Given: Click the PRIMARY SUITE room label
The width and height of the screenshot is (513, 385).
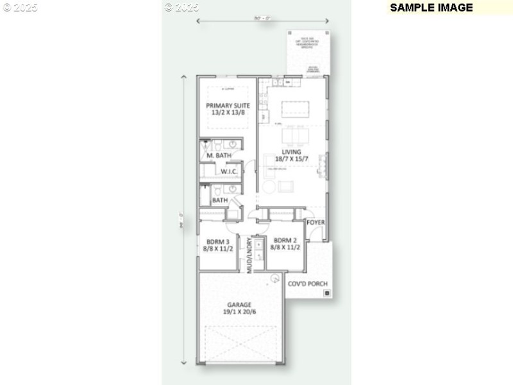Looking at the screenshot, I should tap(228, 108).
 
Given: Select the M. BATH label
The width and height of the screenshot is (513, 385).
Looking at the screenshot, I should tap(219, 155).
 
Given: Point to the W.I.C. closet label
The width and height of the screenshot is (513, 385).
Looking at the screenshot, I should tap(230, 172).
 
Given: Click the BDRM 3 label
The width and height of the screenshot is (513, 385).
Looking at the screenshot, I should tap(218, 244).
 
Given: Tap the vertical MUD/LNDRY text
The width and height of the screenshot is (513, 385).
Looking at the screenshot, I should tap(249, 256).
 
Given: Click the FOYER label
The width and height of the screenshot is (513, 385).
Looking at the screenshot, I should tap(315, 222).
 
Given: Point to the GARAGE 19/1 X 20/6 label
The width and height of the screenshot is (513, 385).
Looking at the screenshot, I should tap(239, 308).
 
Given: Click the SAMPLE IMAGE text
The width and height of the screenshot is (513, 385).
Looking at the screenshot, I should tap(431, 8).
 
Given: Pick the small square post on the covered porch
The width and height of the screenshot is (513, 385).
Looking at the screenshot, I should tap(327, 293).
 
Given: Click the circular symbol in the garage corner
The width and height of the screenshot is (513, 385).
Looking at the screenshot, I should tap(274, 278).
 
